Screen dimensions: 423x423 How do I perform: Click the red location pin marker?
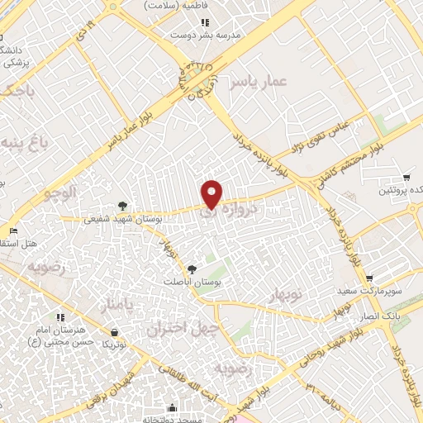[x=213, y=193]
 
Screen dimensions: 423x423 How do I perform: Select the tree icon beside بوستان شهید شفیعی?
[x=122, y=206]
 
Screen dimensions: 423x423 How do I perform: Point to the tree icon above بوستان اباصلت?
[x=192, y=269]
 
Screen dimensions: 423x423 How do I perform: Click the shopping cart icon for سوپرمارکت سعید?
[x=369, y=278]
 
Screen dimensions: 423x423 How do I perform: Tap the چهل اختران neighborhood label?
[x=175, y=329]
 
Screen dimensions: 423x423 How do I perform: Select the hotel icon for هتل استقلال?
[x=12, y=231]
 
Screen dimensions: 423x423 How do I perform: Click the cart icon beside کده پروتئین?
[x=406, y=178]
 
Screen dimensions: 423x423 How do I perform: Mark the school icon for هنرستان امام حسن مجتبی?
[x=60, y=316]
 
